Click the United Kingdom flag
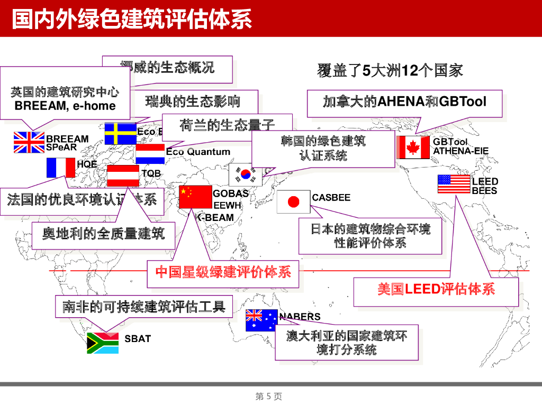click(29, 142)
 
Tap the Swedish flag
click(120, 134)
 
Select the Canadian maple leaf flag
click(413, 147)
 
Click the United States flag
click(454, 184)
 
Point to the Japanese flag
click(293, 202)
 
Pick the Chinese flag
click(195, 197)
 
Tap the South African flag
click(103, 343)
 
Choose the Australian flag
click(261, 320)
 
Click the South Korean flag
click(245, 174)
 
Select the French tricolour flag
click(60, 168)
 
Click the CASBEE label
click(331, 198)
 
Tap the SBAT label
click(138, 339)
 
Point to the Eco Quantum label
click(198, 152)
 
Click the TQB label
click(151, 173)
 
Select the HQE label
click(87, 164)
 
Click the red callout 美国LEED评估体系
click(436, 290)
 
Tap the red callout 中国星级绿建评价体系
click(223, 272)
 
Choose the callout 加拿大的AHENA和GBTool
click(404, 101)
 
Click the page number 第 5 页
click(269, 396)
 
